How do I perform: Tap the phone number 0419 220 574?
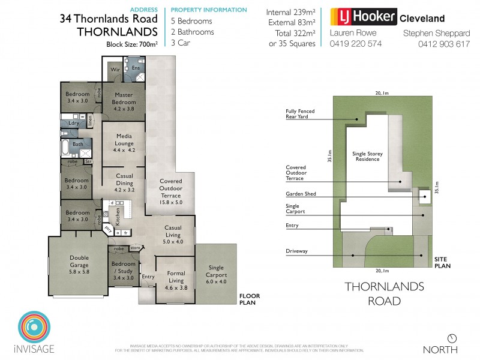356,43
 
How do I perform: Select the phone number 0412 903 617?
437,43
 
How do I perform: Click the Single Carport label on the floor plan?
216,271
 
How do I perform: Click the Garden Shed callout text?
301,194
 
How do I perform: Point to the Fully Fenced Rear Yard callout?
300,114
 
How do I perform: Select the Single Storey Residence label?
367,157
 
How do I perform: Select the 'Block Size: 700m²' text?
130,44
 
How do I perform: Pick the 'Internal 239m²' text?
291,11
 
